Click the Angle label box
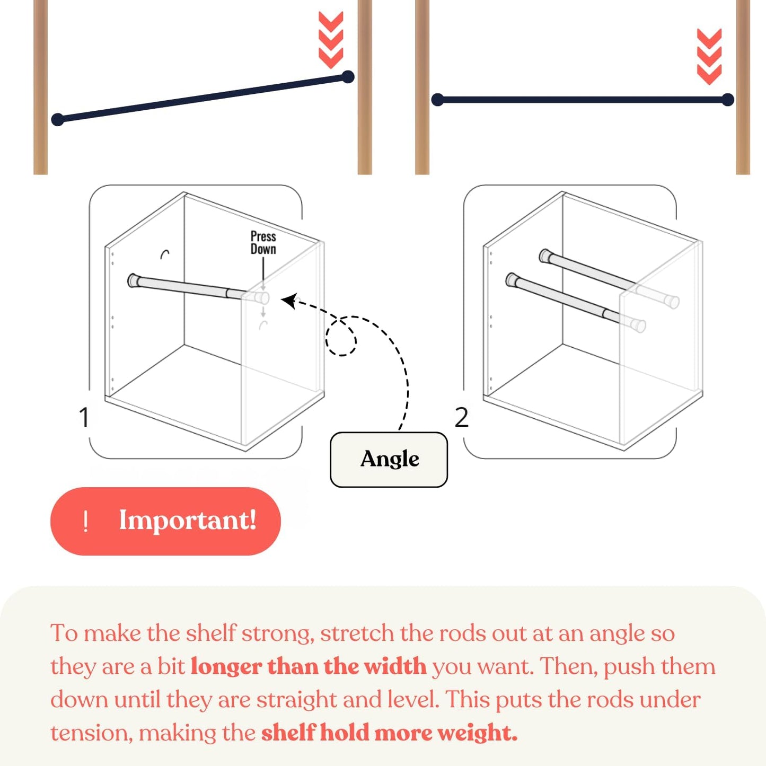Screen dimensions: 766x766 point(389,460)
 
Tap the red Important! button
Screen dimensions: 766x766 point(165,521)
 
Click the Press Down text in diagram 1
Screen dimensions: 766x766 point(263,243)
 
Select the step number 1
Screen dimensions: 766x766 point(84,417)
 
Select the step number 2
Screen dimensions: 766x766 point(461,418)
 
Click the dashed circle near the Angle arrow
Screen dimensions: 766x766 point(341,337)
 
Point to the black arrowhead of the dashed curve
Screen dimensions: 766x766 point(288,301)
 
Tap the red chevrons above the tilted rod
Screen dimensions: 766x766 point(331,40)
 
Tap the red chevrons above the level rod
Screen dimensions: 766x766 point(709,57)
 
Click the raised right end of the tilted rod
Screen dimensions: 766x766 point(347,77)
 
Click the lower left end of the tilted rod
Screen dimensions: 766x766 point(58,119)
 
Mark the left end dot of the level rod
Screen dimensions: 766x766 point(437,100)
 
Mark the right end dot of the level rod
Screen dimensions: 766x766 point(728,100)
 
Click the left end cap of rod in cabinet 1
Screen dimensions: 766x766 point(133,280)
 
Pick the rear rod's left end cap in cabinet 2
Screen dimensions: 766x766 point(545,257)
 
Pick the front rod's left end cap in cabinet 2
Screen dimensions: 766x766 point(512,280)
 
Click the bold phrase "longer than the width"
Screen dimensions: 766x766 point(309,666)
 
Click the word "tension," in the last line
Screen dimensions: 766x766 point(92,734)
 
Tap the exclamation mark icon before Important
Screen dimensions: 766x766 point(85,522)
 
